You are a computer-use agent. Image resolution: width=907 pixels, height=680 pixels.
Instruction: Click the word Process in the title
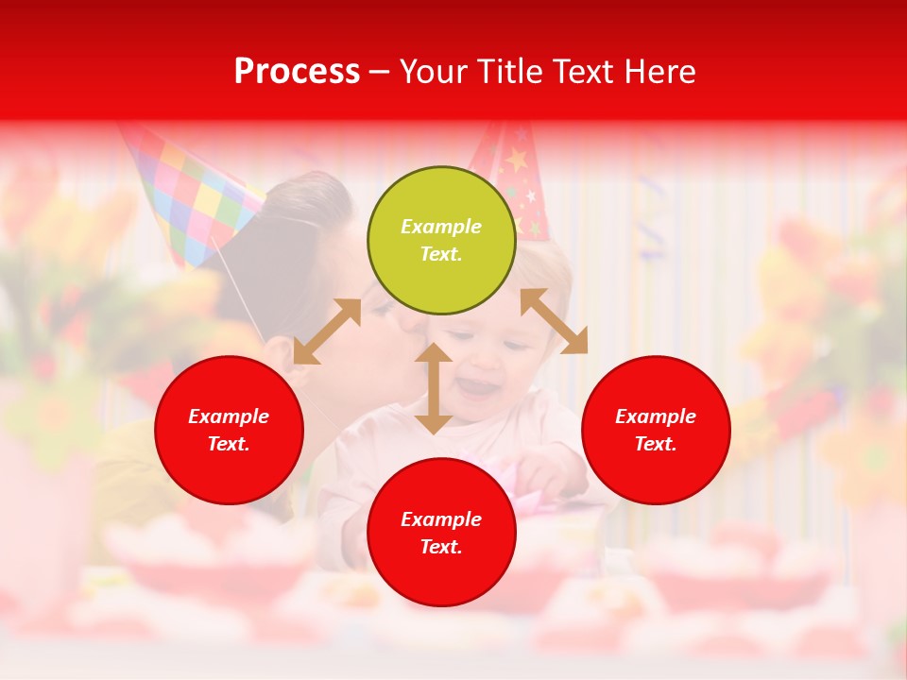tap(297, 72)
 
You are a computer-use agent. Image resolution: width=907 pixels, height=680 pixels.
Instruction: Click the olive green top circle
tap(441, 241)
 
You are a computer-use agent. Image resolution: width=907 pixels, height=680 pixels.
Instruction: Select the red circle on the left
tap(229, 430)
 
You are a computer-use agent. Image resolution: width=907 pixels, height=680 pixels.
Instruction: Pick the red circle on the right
tap(656, 430)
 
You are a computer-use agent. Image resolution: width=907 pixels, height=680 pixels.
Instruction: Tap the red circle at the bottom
tap(441, 533)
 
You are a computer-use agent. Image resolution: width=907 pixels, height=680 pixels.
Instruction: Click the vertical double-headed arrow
tap(434, 389)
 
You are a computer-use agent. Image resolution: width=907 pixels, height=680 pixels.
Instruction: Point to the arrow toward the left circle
tap(327, 331)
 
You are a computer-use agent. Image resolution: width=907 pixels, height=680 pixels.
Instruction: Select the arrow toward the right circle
tap(554, 321)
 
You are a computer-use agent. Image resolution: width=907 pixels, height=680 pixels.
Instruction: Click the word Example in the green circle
tap(441, 227)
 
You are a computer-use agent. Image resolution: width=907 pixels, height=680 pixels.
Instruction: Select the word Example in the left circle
tap(229, 416)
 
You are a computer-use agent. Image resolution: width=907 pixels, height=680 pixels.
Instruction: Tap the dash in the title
tap(380, 72)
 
